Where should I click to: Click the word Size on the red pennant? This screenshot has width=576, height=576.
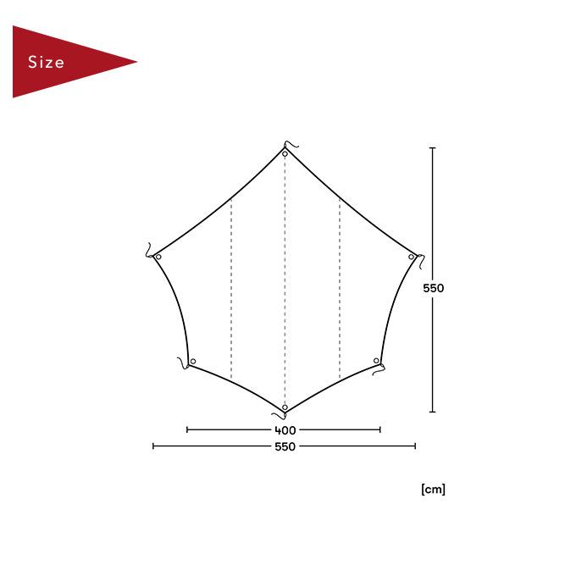pyautogui.click(x=46, y=62)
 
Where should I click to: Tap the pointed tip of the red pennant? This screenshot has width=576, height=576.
pyautogui.click(x=137, y=62)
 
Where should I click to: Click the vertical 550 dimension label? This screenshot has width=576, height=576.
pyautogui.click(x=433, y=288)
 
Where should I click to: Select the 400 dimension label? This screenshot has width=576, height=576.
pyautogui.click(x=285, y=429)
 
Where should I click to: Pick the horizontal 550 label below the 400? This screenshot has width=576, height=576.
pyautogui.click(x=285, y=446)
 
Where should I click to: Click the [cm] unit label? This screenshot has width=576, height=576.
pyautogui.click(x=433, y=490)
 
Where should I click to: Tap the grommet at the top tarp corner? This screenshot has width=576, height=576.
pyautogui.click(x=285, y=154)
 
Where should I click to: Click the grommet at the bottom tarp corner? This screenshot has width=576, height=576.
pyautogui.click(x=285, y=407)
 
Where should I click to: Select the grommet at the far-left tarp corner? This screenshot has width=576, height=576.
pyautogui.click(x=158, y=257)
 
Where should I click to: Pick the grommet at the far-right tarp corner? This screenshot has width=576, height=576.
pyautogui.click(x=412, y=257)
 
